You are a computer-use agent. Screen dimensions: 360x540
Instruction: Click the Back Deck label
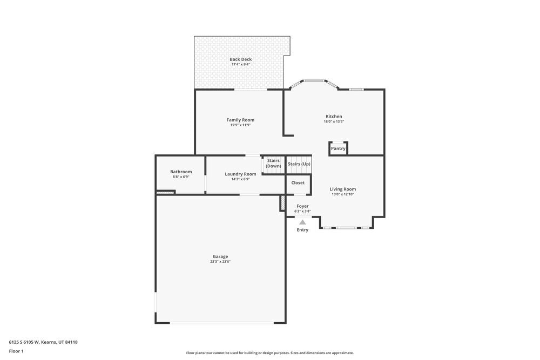[x=240, y=59]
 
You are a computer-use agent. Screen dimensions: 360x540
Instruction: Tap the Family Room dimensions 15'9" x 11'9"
[x=240, y=125]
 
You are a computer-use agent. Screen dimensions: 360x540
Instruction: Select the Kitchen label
[x=334, y=117]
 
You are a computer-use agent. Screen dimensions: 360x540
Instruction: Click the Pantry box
[x=338, y=148]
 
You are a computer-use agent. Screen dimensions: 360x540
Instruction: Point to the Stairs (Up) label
[x=299, y=164]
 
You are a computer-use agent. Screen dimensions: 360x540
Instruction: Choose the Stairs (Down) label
[x=273, y=163]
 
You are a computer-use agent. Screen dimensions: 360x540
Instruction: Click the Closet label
[x=298, y=183]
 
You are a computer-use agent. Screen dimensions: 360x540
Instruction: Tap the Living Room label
[x=343, y=189]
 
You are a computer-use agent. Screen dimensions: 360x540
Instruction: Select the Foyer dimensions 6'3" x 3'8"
[x=302, y=211]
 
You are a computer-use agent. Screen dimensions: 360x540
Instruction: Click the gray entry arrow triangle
[x=302, y=222]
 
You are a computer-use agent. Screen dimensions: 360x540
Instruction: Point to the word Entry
[x=302, y=230]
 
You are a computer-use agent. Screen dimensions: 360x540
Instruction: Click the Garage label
[x=220, y=256]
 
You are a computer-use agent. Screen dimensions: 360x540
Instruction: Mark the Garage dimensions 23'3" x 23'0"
[x=220, y=262]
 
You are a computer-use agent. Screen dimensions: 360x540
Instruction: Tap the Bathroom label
[x=181, y=172]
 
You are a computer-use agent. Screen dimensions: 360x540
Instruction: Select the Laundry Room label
[x=240, y=174]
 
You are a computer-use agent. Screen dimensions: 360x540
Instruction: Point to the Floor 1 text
[x=16, y=351]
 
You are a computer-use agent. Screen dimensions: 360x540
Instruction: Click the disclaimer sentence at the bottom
[x=270, y=353]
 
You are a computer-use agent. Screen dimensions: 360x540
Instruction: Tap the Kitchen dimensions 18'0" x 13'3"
[x=334, y=122]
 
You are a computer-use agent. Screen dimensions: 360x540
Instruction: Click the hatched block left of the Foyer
[x=282, y=203]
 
